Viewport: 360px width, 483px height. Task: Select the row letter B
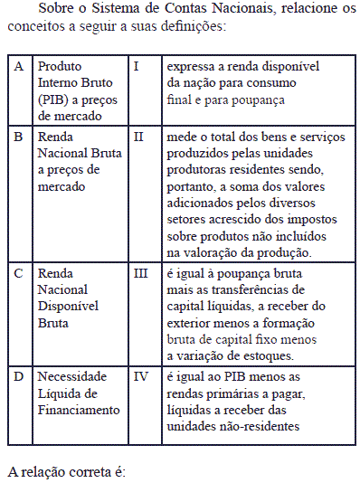tap(18, 137)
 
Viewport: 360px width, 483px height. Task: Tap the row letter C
tap(18, 272)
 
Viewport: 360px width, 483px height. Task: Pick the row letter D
tap(19, 376)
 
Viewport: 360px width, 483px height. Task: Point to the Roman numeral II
tap(138, 137)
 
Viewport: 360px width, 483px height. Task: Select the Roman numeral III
tap(141, 272)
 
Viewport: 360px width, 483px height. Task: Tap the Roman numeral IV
tap(140, 376)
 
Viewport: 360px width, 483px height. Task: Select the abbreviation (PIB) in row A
tap(54, 100)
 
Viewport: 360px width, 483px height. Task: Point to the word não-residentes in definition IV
tap(259, 425)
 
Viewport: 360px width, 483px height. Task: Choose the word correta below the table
tap(90, 473)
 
